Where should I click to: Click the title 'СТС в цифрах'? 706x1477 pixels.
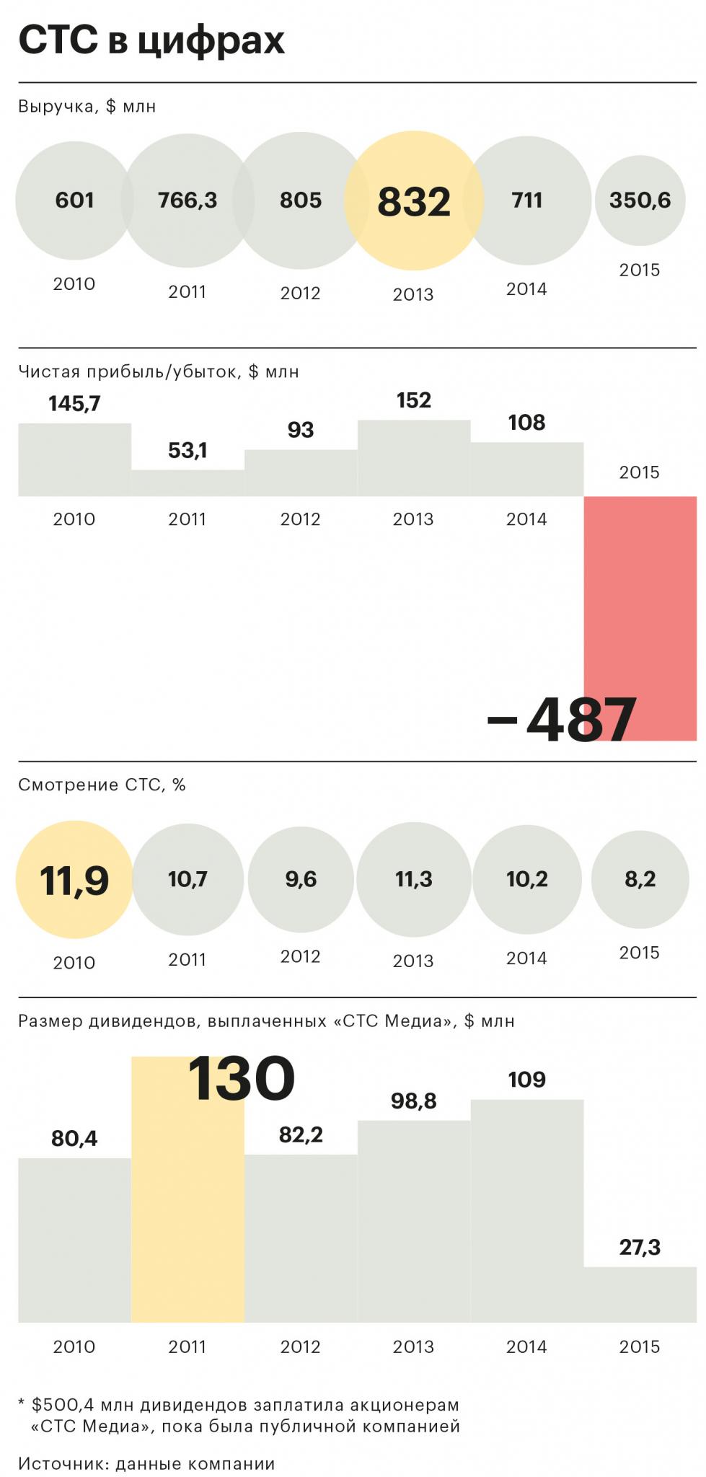pos(151,40)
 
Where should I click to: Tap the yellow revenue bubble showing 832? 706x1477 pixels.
pos(413,201)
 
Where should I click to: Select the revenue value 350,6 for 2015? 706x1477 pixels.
pos(640,200)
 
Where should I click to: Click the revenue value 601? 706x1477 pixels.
pos(74,200)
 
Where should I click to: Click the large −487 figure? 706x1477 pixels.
pos(562,720)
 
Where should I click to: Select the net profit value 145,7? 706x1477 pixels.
pos(74,404)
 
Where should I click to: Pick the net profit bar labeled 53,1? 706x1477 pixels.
pos(187,483)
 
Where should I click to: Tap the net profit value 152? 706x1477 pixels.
pos(413,400)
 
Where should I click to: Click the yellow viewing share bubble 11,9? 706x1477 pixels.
pos(74,880)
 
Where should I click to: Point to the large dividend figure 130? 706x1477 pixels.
pos(241,1079)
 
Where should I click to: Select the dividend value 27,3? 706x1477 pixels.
pos(640,1247)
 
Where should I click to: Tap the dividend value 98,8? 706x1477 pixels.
pos(413,1101)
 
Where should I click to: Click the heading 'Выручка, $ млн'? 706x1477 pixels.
pos(87,107)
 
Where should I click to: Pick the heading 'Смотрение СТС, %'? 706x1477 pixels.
pos(102,785)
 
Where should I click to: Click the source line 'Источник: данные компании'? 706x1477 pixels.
pos(146,1463)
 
